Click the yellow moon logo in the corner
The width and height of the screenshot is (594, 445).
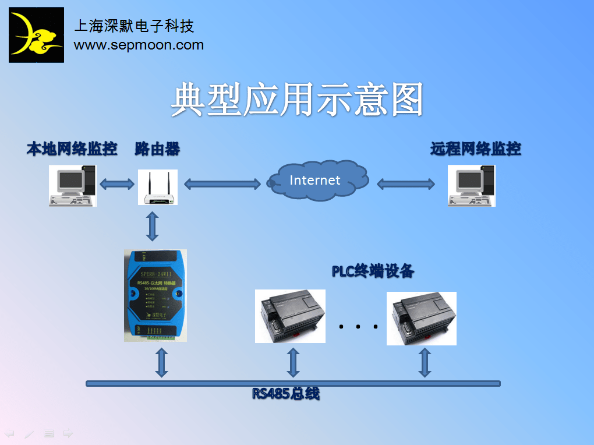(36, 35)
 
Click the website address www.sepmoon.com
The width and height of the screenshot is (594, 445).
(139, 45)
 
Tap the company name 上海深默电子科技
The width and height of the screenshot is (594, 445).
(134, 26)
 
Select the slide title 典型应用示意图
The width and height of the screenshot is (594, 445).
(296, 100)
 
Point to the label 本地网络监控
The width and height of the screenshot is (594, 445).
(72, 149)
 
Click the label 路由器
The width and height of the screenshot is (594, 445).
(157, 149)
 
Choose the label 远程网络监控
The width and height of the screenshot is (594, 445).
(475, 149)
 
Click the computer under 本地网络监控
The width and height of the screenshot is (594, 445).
(72, 185)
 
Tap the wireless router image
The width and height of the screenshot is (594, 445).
(157, 187)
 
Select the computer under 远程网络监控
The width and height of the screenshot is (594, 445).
(471, 185)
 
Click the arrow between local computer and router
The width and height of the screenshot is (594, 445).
(117, 184)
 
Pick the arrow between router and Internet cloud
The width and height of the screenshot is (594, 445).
(222, 184)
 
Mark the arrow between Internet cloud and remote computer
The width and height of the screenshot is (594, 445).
(406, 184)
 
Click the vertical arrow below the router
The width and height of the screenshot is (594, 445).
(153, 226)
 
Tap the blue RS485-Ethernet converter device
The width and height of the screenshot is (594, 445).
(155, 295)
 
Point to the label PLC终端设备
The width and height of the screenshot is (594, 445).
(373, 271)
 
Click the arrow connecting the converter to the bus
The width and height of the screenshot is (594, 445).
(162, 363)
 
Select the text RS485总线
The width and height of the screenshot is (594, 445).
(285, 394)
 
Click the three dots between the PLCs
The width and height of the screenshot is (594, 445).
(358, 327)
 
